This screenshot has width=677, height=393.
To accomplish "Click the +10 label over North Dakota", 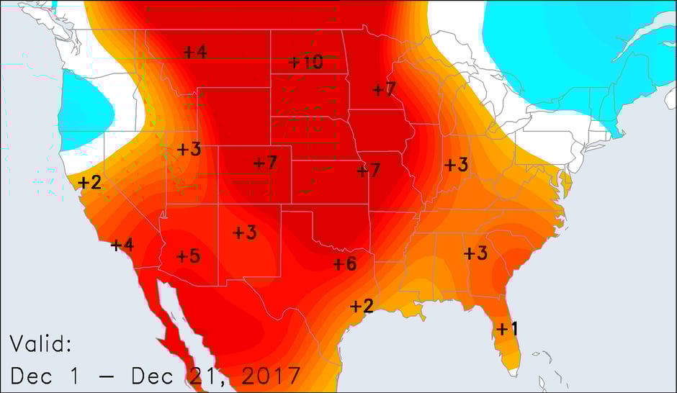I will click(x=305, y=62).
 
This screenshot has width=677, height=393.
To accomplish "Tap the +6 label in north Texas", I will click(x=345, y=264).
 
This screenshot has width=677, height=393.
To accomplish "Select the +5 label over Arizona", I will click(x=188, y=256).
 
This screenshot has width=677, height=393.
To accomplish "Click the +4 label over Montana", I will click(x=195, y=52).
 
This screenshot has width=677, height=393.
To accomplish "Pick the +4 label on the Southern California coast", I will click(x=122, y=245).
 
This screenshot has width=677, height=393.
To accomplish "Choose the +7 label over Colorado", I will click(x=265, y=163).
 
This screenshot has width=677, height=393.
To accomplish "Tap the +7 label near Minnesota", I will click(x=385, y=89).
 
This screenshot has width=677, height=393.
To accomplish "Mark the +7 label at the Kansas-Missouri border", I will click(x=368, y=171).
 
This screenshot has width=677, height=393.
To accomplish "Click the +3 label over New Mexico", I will click(x=245, y=232).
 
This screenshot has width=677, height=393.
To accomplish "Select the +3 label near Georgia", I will click(x=475, y=253).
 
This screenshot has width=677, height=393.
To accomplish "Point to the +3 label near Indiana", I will click(x=456, y=164).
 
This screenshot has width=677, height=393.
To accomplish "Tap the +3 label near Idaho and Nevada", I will click(x=189, y=150).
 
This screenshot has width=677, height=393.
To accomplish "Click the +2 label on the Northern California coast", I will click(x=90, y=182).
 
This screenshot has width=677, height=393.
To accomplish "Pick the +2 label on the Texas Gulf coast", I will click(x=361, y=306).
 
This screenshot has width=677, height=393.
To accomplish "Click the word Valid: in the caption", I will click(x=40, y=345).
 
